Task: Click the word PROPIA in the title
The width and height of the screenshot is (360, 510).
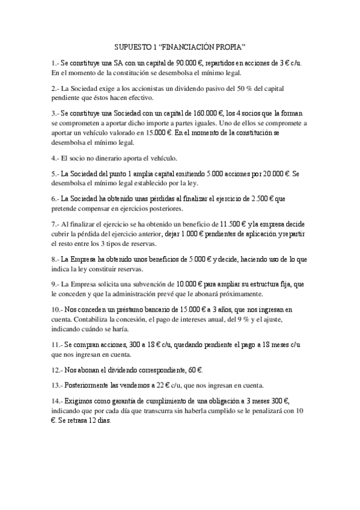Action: point(231,47)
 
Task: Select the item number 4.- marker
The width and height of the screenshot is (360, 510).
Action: point(56,158)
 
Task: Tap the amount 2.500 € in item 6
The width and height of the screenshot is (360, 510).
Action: point(260,198)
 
